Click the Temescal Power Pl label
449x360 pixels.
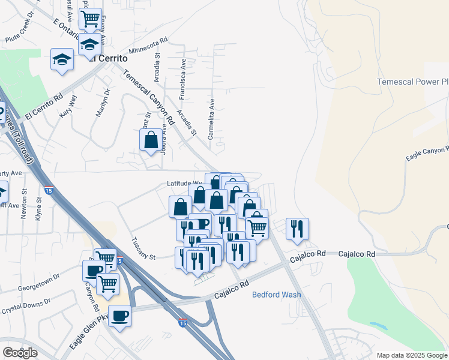(412, 82)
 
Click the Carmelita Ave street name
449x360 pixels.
(211, 119)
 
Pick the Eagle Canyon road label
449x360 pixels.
(427, 153)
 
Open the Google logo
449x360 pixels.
(20, 352)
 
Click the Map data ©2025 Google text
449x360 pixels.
(412, 355)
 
